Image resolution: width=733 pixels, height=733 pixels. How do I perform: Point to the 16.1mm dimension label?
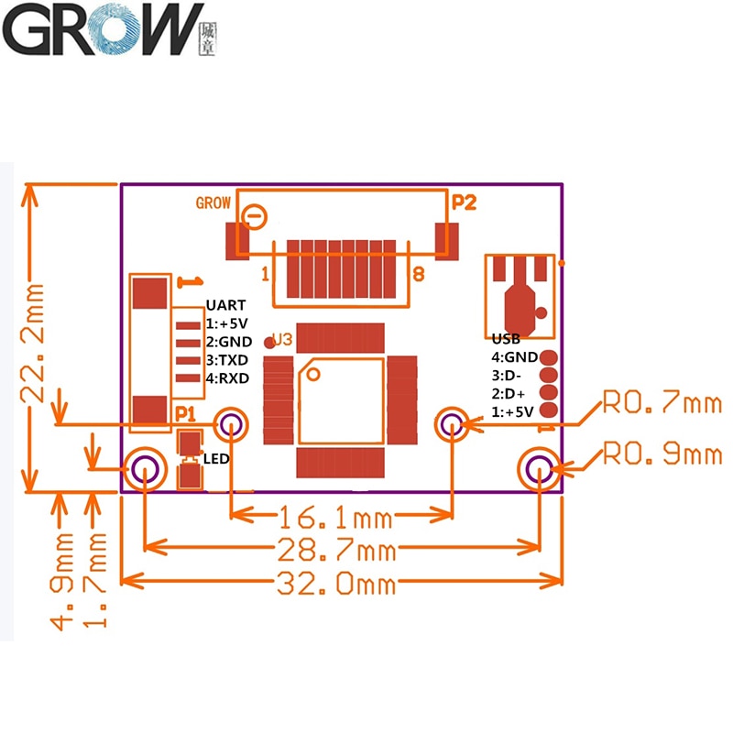click(335, 519)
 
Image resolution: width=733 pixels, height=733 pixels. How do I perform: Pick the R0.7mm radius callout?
click(662, 403)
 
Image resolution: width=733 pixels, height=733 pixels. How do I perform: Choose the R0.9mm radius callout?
click(662, 453)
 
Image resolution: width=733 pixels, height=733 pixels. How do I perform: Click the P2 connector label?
click(465, 202)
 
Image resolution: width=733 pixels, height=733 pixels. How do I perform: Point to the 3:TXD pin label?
click(227, 360)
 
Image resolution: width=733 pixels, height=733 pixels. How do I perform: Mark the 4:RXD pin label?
click(227, 378)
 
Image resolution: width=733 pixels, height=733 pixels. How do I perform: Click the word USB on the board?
click(506, 339)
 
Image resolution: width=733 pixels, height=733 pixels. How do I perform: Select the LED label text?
click(215, 458)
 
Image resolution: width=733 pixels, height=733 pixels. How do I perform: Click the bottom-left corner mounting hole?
click(145, 469)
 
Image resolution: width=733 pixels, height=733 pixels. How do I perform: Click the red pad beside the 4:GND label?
click(549, 357)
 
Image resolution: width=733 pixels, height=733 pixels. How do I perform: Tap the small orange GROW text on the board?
click(213, 203)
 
